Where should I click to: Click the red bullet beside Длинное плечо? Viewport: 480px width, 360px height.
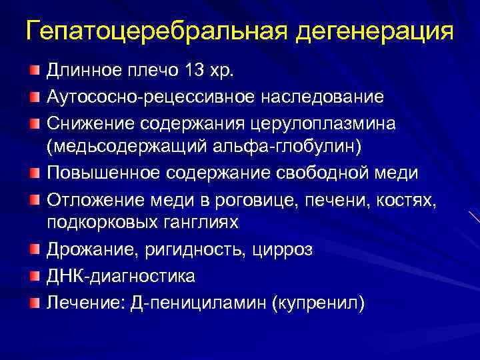(34, 70)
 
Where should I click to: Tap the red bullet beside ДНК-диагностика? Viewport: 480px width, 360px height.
(34, 275)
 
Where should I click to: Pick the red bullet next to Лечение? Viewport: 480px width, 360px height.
(34, 302)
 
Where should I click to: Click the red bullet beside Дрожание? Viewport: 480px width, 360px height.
(34, 249)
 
